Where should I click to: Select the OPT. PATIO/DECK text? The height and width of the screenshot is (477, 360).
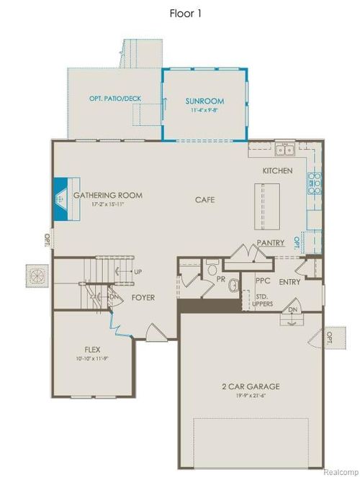point(114,97)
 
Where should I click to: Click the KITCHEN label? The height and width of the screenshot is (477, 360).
point(277,171)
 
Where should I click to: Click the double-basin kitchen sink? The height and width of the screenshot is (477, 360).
point(283,150)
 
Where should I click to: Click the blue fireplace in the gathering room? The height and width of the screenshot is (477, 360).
point(63,196)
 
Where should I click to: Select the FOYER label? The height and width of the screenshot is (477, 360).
point(143,297)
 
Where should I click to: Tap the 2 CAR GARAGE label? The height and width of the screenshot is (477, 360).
point(251,386)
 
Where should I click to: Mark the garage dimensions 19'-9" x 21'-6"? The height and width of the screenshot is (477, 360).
point(251,396)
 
